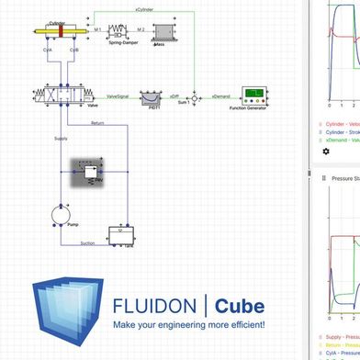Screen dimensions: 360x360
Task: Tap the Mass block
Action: coord(167,31)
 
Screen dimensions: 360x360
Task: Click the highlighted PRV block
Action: coord(90,172)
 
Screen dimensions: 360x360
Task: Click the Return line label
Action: coord(98,122)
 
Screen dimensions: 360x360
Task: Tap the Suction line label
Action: coord(86,242)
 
